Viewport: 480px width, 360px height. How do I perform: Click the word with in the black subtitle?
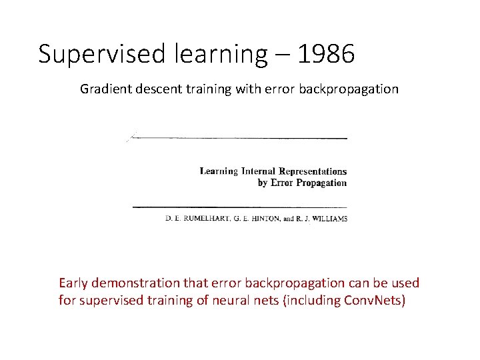tap(247, 89)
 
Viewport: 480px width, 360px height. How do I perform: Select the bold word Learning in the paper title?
tap(219, 171)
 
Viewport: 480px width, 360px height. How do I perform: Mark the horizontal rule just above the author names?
tap(240, 207)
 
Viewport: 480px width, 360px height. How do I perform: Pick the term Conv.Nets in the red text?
tap(372, 300)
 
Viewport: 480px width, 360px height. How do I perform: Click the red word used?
tap(405, 283)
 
